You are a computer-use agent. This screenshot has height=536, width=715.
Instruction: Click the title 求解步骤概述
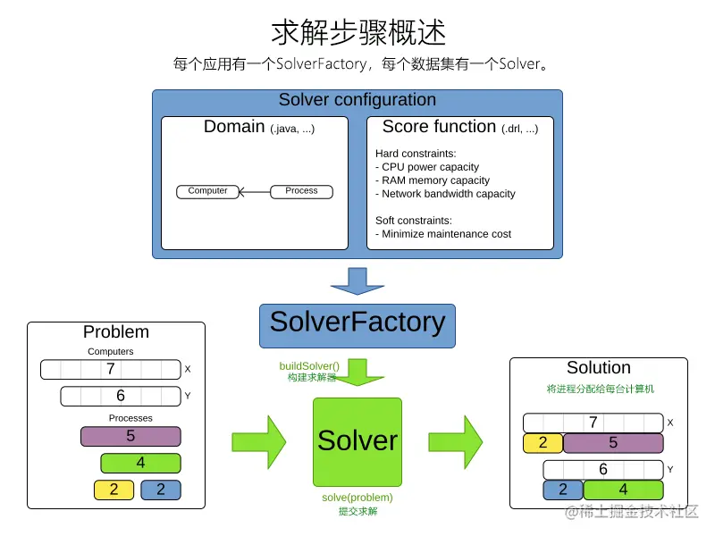357,33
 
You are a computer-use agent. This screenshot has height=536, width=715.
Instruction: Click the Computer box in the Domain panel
207,191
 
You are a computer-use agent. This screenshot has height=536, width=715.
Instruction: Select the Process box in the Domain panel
301,191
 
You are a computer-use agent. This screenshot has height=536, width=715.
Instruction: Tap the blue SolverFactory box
357,323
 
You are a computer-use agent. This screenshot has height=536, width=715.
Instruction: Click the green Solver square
357,441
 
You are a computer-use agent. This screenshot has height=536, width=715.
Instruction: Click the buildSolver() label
309,365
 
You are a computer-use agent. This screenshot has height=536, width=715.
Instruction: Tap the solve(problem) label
357,498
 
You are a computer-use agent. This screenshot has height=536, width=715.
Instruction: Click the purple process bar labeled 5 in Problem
130,437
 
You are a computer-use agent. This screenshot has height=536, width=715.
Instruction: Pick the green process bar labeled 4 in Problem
140,463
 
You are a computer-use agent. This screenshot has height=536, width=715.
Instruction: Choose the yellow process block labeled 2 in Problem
114,490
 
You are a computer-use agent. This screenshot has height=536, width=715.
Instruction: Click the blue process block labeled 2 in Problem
161,490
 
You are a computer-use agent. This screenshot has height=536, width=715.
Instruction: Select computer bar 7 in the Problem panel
111,369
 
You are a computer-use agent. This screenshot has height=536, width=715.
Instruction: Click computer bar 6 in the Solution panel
603,469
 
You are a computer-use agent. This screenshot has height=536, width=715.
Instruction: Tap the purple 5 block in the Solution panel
612,443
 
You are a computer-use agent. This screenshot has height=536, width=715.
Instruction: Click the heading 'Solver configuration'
357,100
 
